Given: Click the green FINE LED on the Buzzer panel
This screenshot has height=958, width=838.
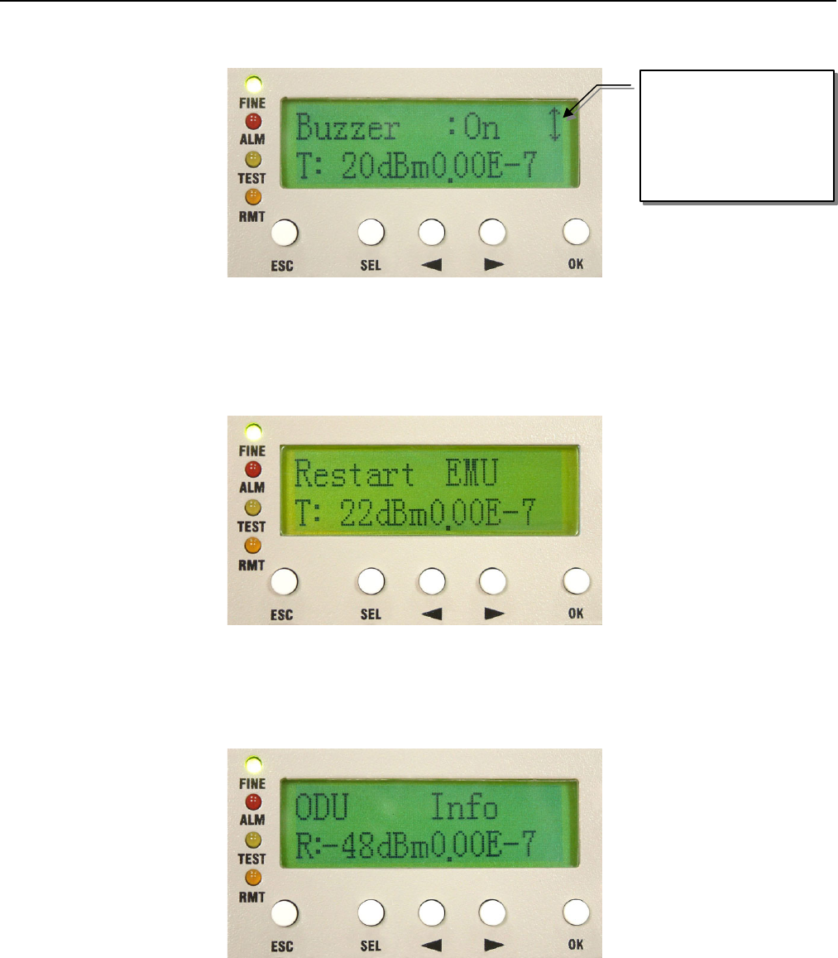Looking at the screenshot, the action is point(254,84).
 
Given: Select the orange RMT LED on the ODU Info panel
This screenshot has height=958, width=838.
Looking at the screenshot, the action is point(254,879).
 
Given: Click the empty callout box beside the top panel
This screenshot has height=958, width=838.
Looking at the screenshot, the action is point(736,135).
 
